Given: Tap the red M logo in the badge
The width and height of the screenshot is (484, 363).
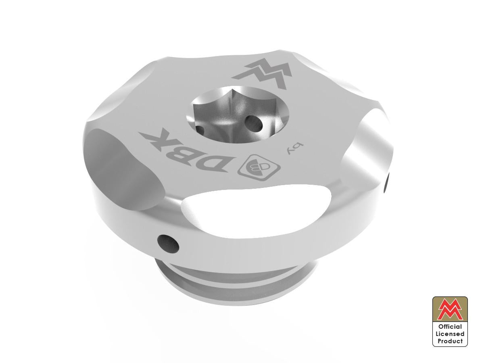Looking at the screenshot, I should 450,311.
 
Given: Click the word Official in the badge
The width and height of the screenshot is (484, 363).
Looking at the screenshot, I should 450,327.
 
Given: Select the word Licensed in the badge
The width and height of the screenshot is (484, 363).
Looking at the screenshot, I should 450,334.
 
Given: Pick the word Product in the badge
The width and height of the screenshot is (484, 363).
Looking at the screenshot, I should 450,341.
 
